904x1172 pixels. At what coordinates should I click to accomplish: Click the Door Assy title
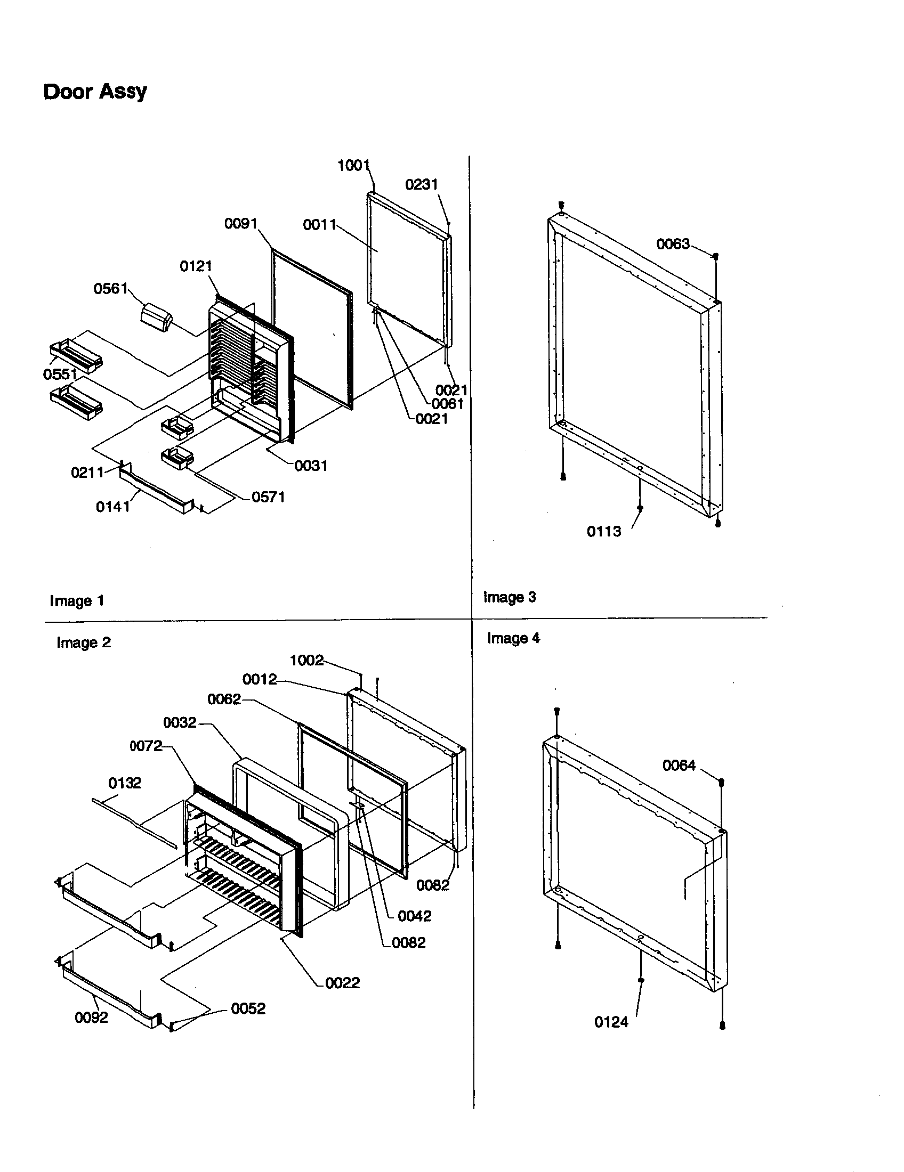point(94,92)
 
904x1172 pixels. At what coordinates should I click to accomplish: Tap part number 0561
point(110,289)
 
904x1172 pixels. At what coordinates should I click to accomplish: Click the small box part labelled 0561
point(156,315)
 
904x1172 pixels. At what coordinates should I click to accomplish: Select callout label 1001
point(353,165)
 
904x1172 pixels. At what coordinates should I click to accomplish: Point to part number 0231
point(422,185)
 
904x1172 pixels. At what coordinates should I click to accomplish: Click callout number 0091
point(241,224)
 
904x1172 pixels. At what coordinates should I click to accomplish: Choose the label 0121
point(196,266)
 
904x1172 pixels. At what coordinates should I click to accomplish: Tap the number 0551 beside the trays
point(60,374)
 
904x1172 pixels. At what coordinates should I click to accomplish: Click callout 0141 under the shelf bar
point(112,507)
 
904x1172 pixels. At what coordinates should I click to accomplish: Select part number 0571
point(268,497)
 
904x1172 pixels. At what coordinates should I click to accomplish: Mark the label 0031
point(311,465)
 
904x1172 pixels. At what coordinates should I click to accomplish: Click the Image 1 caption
point(77,601)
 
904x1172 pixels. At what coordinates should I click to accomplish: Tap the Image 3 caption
point(510,597)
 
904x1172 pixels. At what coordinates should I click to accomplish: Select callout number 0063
point(673,244)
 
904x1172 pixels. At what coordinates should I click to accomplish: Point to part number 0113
point(603,531)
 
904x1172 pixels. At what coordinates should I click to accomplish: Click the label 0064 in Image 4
point(679,765)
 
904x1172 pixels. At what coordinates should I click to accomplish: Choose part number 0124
point(611,1022)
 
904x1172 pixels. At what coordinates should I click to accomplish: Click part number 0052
point(248,1008)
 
